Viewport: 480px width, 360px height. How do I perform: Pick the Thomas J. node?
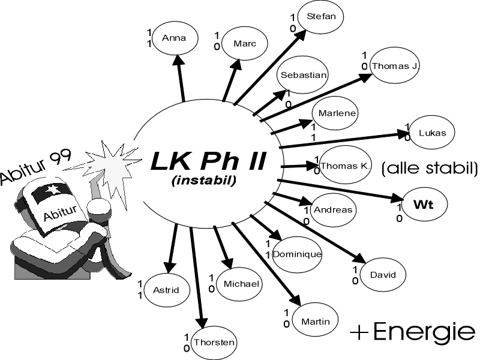[394, 65]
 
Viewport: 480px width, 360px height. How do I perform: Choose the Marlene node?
[336, 114]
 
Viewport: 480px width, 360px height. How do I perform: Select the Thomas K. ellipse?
[344, 165]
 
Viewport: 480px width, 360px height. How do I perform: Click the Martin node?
[316, 322]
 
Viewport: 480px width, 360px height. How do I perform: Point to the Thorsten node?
[214, 343]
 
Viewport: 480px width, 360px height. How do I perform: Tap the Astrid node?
[166, 290]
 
